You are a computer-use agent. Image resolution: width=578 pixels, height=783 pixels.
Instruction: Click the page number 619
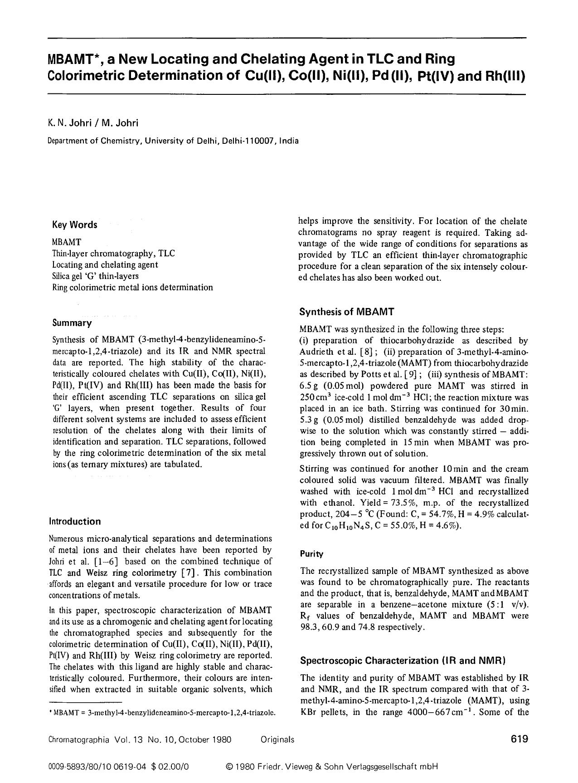(x=519, y=739)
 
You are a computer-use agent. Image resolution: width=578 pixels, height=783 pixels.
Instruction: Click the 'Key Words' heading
(x=74, y=225)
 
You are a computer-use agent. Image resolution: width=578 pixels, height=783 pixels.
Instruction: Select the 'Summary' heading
(x=72, y=323)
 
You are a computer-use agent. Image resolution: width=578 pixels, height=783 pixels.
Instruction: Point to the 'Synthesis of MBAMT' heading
(x=347, y=312)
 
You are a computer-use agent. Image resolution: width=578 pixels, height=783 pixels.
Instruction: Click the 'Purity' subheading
(x=311, y=554)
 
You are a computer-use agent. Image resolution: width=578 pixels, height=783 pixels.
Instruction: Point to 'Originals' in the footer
(x=277, y=740)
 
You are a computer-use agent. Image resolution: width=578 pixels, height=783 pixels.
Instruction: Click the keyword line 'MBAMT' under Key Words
(x=67, y=242)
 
